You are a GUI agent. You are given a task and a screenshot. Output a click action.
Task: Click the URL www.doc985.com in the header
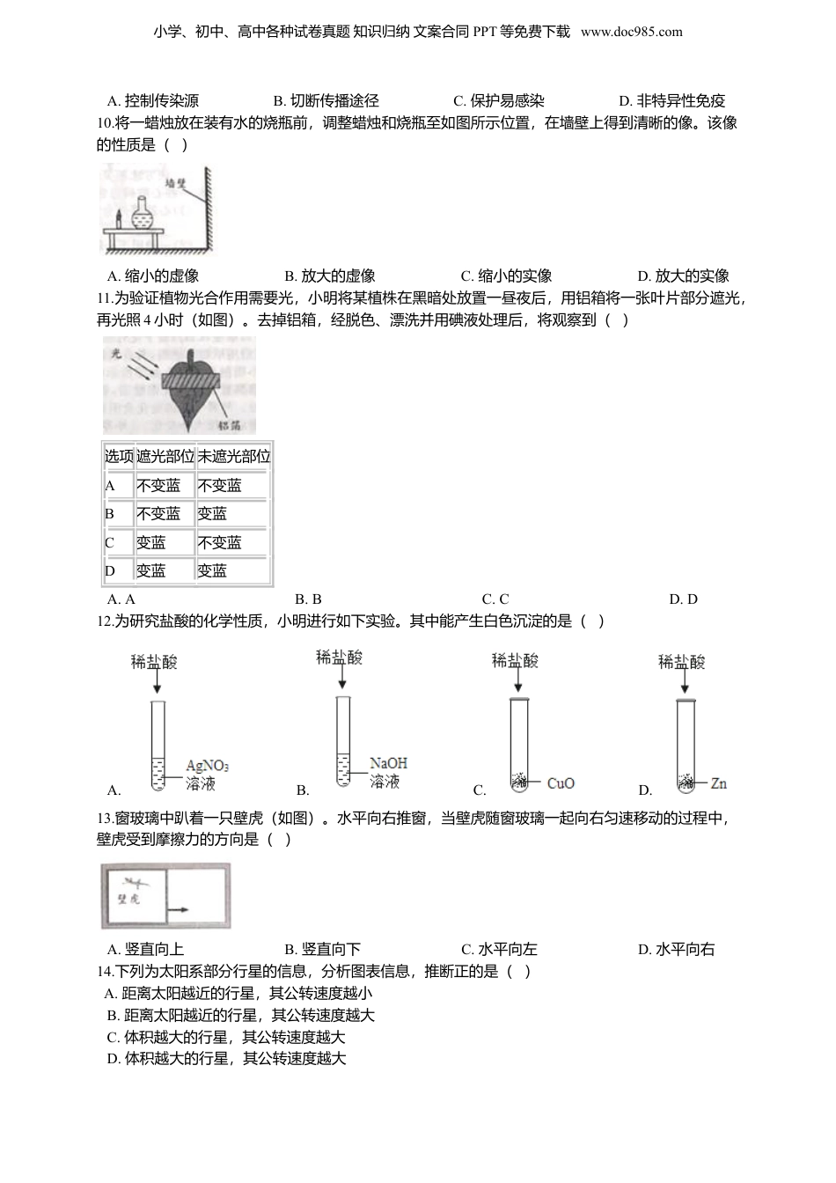click(x=631, y=32)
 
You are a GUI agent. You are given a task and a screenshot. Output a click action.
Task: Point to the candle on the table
click(x=118, y=218)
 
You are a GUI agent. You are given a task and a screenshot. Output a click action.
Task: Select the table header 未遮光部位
click(x=233, y=457)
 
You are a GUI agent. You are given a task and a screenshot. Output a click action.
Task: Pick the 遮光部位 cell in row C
click(x=151, y=543)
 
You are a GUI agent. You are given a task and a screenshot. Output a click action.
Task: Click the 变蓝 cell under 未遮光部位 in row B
click(x=212, y=514)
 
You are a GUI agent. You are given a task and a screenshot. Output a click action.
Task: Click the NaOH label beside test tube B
click(x=388, y=763)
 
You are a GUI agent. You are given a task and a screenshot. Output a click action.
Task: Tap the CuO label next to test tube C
click(x=561, y=783)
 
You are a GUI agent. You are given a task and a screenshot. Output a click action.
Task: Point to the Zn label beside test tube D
click(x=718, y=783)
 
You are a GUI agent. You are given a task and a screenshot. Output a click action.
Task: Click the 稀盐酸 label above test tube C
click(x=515, y=661)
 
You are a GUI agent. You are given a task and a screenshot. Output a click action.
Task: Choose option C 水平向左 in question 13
click(x=499, y=949)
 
